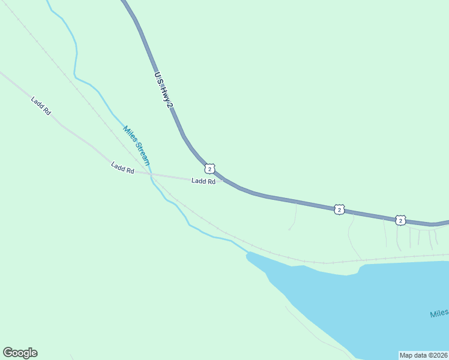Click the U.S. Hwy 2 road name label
[x=163, y=91]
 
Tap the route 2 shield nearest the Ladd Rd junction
[x=209, y=169]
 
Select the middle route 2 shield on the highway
[x=340, y=209]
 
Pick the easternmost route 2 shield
[x=400, y=220]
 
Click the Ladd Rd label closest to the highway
[x=203, y=181]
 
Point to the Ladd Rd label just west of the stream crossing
[x=122, y=168]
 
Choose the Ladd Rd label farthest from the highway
[x=41, y=104]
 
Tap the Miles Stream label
[x=136, y=146]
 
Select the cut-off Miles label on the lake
[x=439, y=314]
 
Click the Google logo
[x=20, y=353]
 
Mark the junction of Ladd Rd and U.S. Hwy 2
[x=224, y=179]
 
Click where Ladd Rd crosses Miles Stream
[x=151, y=175]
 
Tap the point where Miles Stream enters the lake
[x=247, y=253]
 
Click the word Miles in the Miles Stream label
[x=128, y=134]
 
